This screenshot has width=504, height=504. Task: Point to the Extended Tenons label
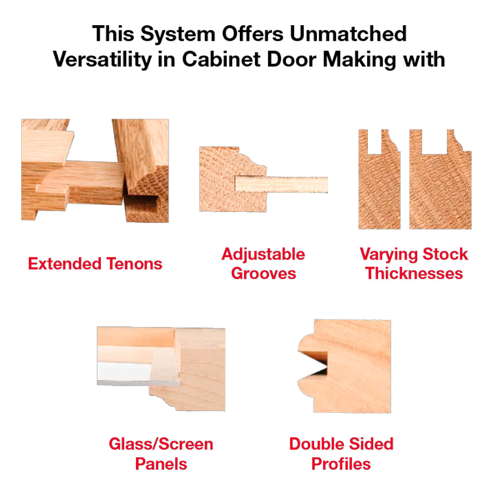pos(95,264)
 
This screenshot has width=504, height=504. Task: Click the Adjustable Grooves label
pos(263,264)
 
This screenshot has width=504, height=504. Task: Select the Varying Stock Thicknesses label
pos(414,264)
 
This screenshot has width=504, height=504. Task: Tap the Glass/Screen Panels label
pos(161,454)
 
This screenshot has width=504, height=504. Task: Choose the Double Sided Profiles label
pos(341,454)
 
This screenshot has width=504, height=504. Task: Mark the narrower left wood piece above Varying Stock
pos(379,186)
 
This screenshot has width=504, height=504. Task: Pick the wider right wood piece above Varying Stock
pos(440,186)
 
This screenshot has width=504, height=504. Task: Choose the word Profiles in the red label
pos(341,463)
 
